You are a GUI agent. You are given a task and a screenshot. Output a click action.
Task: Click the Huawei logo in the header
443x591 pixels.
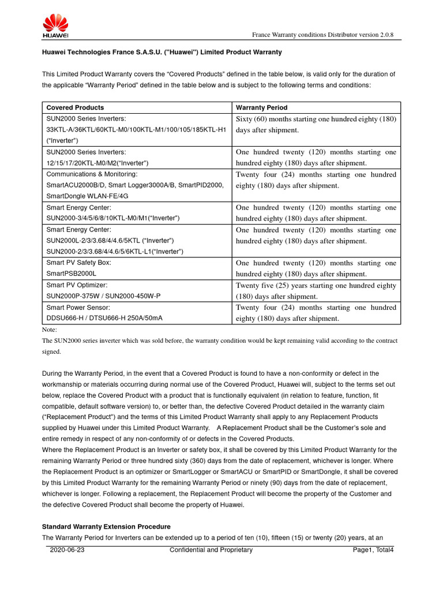(x=56, y=25)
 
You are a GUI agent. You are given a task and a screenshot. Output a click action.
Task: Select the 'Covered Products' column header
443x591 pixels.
(x=75, y=107)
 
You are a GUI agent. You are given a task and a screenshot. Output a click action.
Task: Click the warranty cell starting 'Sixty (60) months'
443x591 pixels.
(x=316, y=124)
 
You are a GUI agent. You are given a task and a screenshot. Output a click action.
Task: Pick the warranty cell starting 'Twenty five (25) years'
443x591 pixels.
(x=316, y=290)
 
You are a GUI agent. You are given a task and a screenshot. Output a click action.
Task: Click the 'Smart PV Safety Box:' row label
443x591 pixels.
(x=78, y=262)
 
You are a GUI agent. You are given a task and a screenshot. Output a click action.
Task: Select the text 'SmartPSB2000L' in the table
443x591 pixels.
(x=71, y=273)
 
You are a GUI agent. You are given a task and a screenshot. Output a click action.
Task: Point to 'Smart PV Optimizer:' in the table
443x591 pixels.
(x=77, y=285)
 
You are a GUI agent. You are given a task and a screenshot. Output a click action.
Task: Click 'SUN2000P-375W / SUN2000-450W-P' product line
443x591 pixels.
(x=103, y=295)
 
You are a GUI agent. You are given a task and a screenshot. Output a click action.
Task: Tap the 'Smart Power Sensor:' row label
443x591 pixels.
(x=78, y=307)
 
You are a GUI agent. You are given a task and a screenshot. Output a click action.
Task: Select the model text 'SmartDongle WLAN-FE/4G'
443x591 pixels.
(x=87, y=196)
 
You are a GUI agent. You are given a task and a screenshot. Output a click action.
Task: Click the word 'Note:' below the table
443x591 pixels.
(x=50, y=330)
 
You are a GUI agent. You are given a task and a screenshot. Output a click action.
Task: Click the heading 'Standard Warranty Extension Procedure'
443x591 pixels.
(x=107, y=527)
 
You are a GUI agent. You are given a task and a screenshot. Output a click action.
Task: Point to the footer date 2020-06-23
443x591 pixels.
(x=67, y=550)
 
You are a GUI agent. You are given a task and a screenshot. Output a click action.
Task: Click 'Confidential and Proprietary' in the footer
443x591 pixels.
(x=211, y=550)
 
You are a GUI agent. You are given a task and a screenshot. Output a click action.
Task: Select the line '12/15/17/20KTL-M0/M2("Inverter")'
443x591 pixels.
(x=97, y=163)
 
